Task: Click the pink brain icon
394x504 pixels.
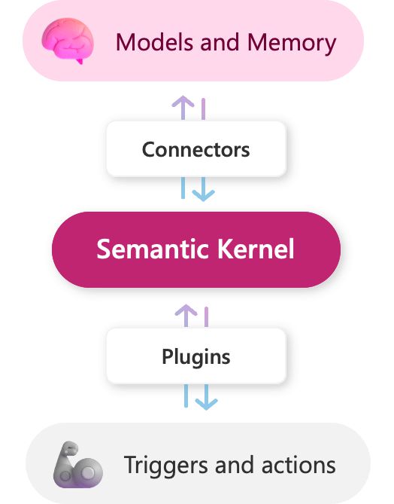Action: point(68,41)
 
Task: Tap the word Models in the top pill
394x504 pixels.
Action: point(154,42)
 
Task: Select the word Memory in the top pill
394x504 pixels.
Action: point(292,43)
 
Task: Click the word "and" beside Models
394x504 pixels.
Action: point(220,42)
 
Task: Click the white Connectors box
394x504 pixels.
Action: point(196,149)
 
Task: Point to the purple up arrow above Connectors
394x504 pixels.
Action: point(183,108)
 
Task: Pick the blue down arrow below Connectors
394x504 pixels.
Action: point(204,189)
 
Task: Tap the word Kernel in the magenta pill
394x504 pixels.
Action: point(256,249)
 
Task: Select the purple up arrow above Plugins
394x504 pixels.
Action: point(186,316)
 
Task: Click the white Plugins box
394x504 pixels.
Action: point(196,356)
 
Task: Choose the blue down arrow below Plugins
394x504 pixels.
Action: point(206,397)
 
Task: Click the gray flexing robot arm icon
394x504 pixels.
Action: point(78,465)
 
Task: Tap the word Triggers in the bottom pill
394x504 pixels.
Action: point(165,466)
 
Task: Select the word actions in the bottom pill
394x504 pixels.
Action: point(299,465)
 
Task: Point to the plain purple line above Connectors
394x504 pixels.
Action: point(204,109)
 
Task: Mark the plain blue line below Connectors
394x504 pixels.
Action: point(183,188)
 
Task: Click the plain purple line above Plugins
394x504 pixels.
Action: point(206,317)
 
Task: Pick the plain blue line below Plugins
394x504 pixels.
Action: point(186,396)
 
